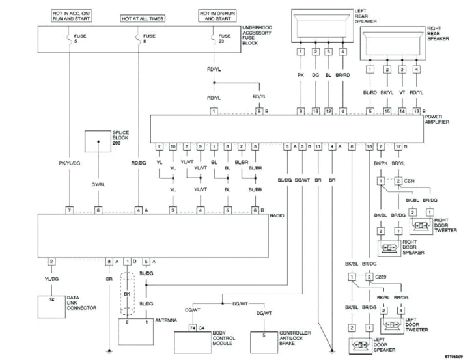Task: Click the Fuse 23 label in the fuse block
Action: coord(225,39)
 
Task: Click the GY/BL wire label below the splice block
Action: coord(98,184)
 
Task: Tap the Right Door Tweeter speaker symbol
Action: coord(421,226)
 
